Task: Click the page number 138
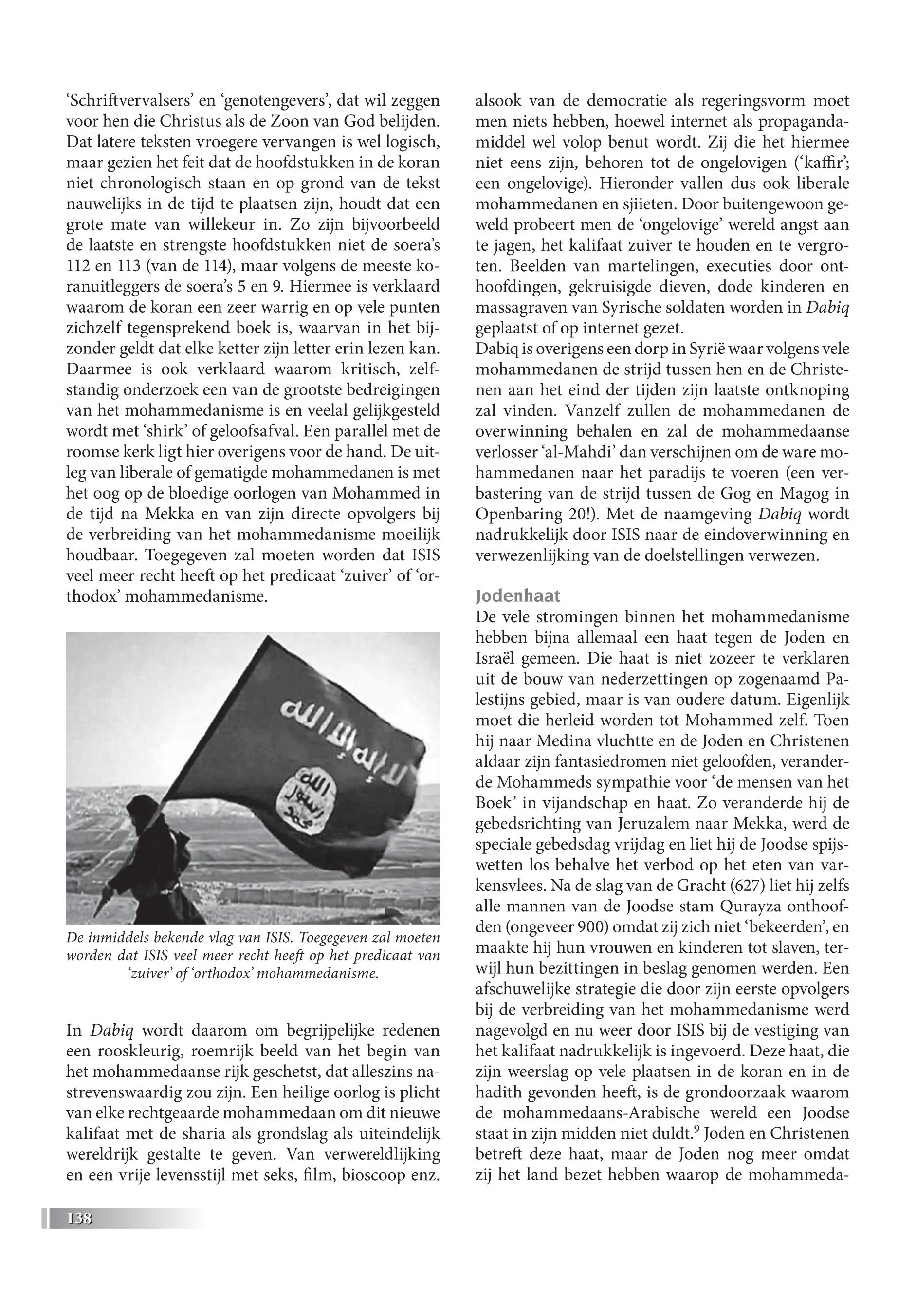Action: (79, 1219)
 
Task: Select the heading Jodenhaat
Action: (518, 596)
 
